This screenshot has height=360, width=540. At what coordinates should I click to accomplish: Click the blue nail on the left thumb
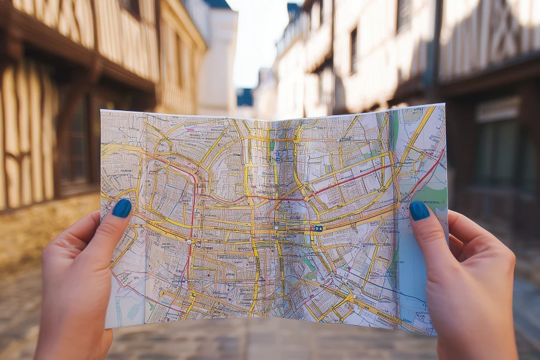[x=122, y=208]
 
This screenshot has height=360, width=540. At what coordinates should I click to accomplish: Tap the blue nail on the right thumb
[x=419, y=211]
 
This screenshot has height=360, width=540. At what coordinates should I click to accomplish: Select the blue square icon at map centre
[x=317, y=229]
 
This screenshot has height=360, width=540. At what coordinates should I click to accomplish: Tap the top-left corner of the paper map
[x=102, y=112]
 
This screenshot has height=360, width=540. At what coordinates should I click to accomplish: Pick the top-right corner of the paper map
[x=444, y=105]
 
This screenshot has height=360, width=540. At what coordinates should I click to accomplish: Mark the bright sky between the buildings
[x=258, y=36]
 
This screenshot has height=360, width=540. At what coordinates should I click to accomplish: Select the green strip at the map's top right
[x=394, y=129]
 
